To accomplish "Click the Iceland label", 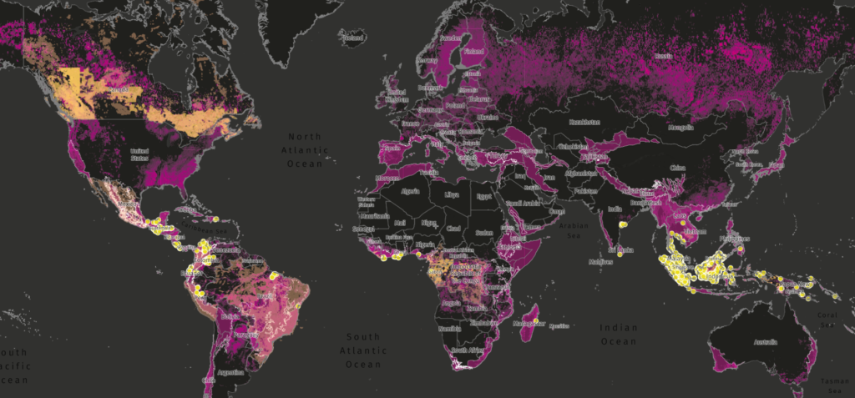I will click(x=354, y=38).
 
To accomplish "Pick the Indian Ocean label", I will click(x=619, y=335).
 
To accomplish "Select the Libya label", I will click(x=452, y=194).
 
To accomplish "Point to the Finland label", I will click(x=473, y=51).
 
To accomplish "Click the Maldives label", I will click(x=600, y=263).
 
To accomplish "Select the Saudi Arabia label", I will click(x=524, y=203).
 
